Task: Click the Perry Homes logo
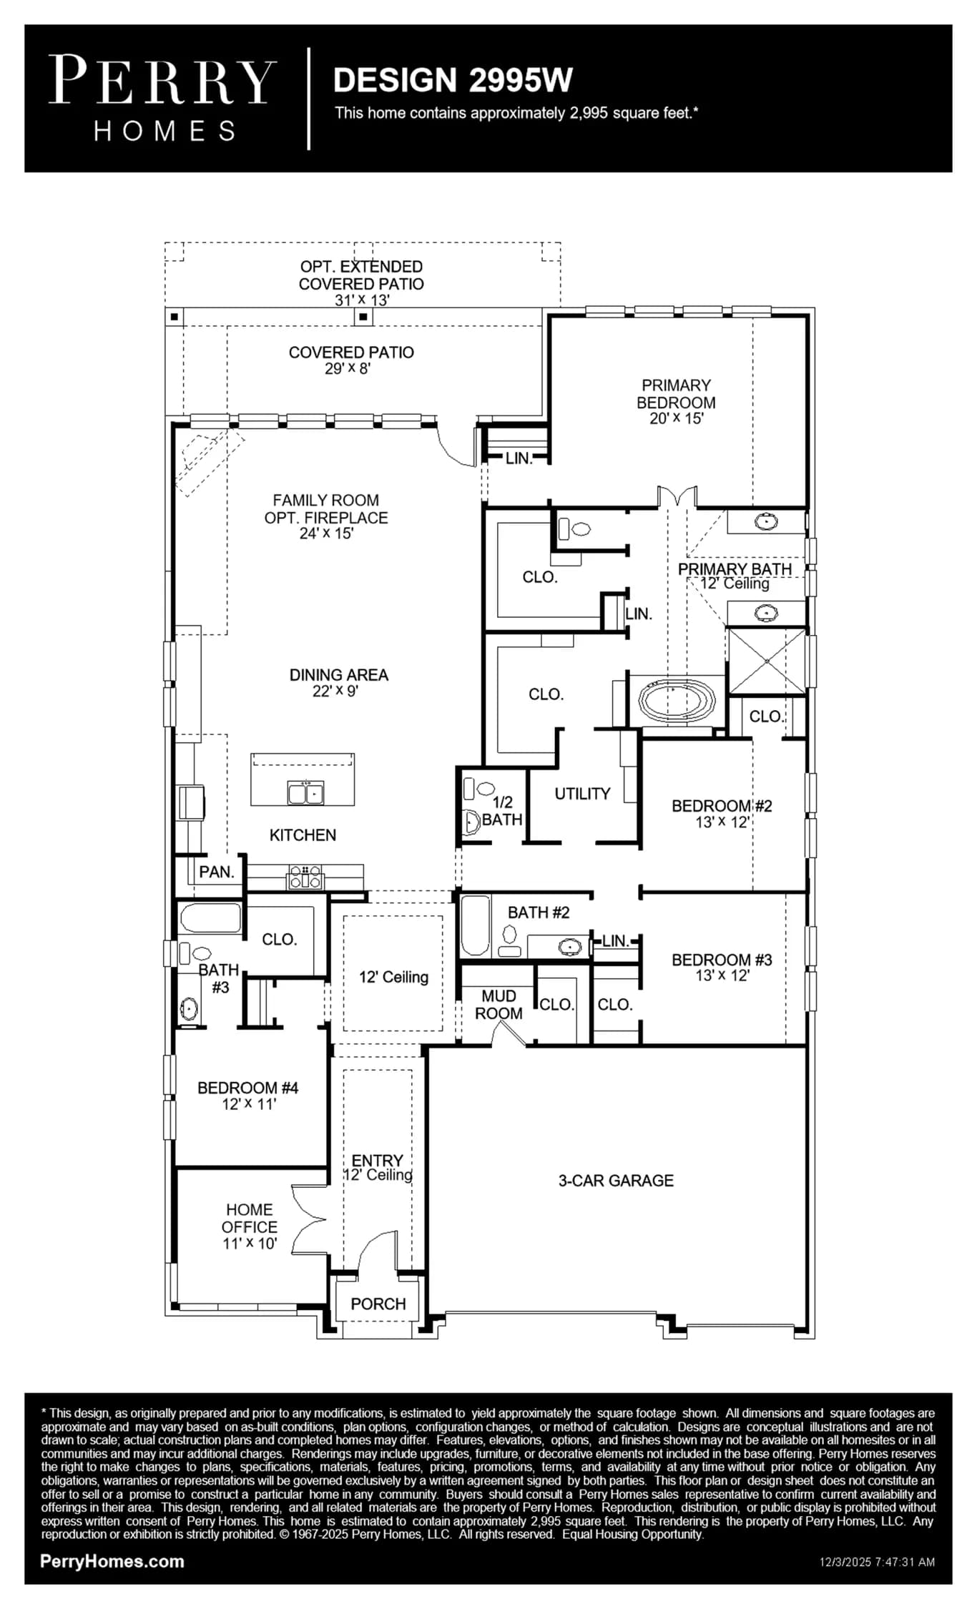point(162,99)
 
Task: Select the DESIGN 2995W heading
point(453,80)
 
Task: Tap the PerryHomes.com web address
point(112,1561)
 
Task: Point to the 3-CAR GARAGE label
point(616,1180)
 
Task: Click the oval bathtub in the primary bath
point(676,701)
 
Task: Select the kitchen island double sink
point(305,793)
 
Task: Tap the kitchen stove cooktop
point(305,877)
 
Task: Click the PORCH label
point(378,1304)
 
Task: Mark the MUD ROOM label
point(499,1004)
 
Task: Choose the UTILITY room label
point(582,793)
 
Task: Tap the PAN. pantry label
point(217,872)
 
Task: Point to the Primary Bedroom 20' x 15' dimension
point(676,418)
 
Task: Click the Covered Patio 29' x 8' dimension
point(348,368)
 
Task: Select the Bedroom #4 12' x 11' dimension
point(248,1103)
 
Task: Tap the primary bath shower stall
point(767,661)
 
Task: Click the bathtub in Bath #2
point(475,926)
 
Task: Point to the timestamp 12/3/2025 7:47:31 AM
point(877,1562)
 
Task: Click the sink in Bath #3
point(189,1009)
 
